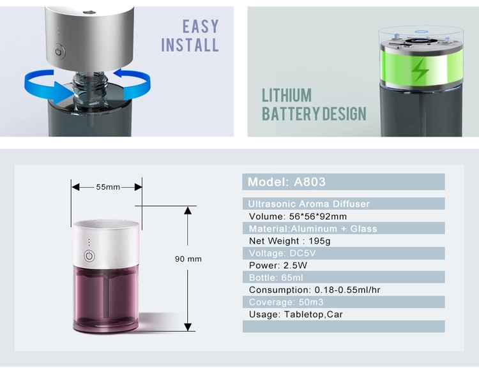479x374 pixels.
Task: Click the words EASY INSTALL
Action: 190,36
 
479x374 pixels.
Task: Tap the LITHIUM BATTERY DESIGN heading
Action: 314,105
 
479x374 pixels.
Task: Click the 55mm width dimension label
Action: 108,187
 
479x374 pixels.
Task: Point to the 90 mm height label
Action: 188,259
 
